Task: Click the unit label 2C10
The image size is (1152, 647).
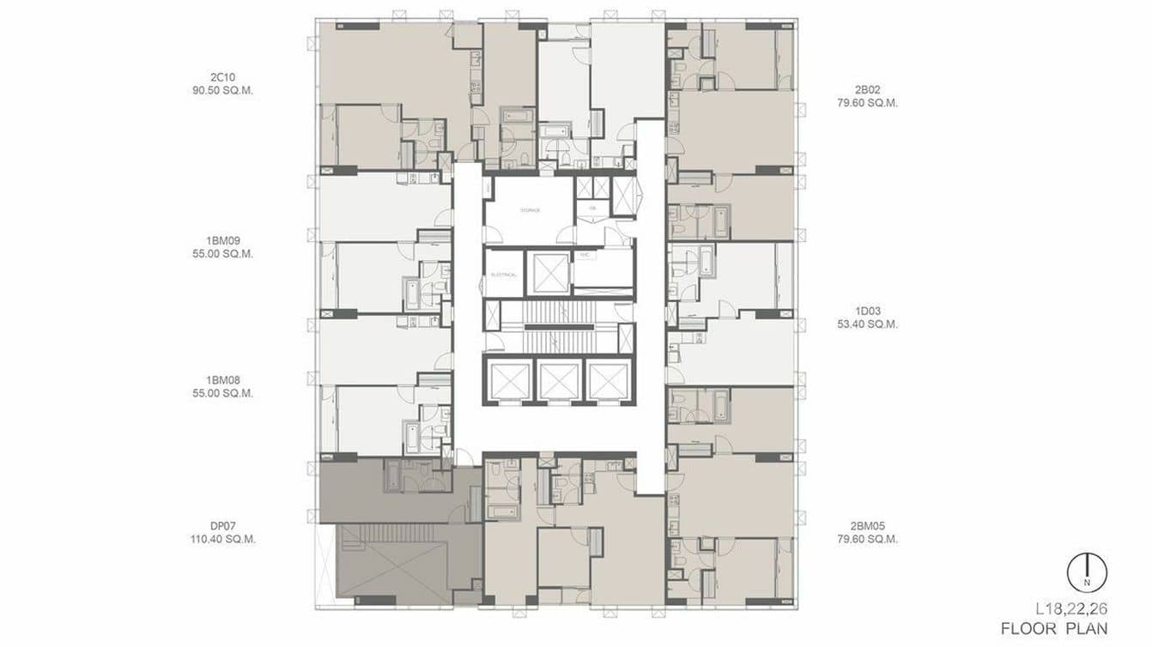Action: pyautogui.click(x=223, y=76)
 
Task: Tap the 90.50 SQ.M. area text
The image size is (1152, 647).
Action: pyautogui.click(x=223, y=90)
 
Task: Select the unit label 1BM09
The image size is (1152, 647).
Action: pyautogui.click(x=223, y=240)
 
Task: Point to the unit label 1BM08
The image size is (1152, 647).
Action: pyautogui.click(x=223, y=380)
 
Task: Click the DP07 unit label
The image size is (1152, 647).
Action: pyautogui.click(x=223, y=526)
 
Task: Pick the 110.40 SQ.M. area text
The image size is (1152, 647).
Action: pyautogui.click(x=223, y=540)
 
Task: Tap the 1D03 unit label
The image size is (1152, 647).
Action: pyautogui.click(x=867, y=311)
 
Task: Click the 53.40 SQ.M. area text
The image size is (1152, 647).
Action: pyautogui.click(x=867, y=324)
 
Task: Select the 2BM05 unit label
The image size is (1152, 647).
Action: pyautogui.click(x=867, y=526)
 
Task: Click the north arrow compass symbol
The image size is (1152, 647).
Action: pyautogui.click(x=1087, y=571)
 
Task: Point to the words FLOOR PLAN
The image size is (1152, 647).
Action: pyautogui.click(x=1053, y=629)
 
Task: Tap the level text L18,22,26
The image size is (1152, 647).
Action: pyautogui.click(x=1071, y=609)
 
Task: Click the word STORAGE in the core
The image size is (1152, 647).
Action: pyautogui.click(x=529, y=210)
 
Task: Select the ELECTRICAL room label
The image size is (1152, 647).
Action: pyautogui.click(x=503, y=274)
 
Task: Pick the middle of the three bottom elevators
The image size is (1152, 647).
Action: pyautogui.click(x=560, y=380)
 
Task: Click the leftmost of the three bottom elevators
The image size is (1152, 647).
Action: pyautogui.click(x=509, y=380)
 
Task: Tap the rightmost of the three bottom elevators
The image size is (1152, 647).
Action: pyautogui.click(x=609, y=380)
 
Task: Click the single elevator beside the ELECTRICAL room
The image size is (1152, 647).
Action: pyautogui.click(x=550, y=273)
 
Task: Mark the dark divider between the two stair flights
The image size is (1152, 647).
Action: pyautogui.click(x=560, y=327)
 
